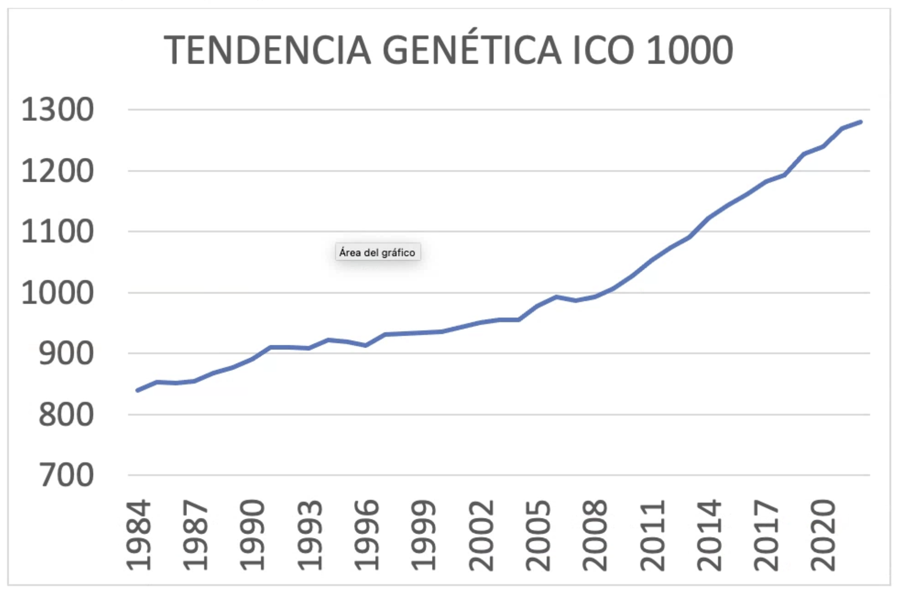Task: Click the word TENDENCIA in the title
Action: coord(267,50)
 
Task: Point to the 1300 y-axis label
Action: coord(58,110)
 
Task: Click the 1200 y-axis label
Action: coord(58,171)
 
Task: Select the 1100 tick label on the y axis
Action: coord(58,232)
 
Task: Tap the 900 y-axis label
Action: coord(66,354)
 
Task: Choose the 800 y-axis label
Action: coord(66,415)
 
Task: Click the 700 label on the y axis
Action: coord(66,475)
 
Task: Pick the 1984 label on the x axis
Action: coord(138,535)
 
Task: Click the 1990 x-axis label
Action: coord(252,535)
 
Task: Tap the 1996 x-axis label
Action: coord(367,535)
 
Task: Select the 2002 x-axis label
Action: coord(481,535)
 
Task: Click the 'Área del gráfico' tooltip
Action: coord(378,252)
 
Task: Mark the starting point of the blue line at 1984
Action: coord(138,390)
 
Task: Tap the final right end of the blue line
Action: coord(861,122)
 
